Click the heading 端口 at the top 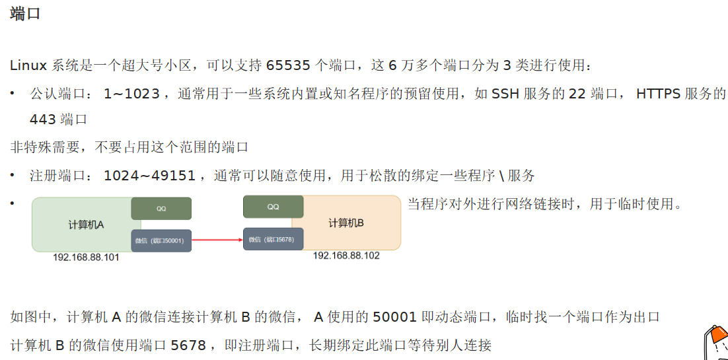click(26, 14)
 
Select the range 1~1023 click(132, 94)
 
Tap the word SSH click(505, 94)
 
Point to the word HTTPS click(658, 94)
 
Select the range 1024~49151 click(150, 176)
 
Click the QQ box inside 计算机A click(161, 209)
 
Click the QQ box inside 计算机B click(273, 207)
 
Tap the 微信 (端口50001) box click(161, 241)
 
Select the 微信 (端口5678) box click(273, 239)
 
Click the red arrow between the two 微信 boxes click(217, 240)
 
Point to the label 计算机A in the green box click(86, 225)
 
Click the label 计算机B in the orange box click(346, 223)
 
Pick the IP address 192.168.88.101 click(86, 258)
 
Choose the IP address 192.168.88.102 click(346, 256)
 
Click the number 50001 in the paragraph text click(394, 317)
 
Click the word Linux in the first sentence click(28, 65)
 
